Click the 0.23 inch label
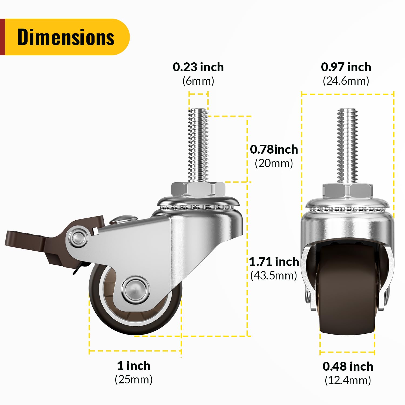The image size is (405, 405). [x=198, y=67]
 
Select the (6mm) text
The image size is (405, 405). [x=198, y=81]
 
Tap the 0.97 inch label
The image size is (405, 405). [x=346, y=67]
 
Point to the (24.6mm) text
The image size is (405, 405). [x=346, y=81]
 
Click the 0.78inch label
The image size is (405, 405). [x=274, y=149]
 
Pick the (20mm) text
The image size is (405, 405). [x=274, y=163]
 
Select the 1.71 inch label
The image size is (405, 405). [x=274, y=262]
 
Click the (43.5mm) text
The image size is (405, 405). [x=274, y=275]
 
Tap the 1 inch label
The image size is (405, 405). [x=134, y=366]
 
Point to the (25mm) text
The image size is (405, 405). [x=134, y=379]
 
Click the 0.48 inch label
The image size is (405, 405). [x=348, y=366]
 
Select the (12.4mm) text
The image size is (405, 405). [x=348, y=380]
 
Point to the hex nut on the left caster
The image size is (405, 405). [x=198, y=190]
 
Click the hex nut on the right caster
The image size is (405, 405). [x=348, y=191]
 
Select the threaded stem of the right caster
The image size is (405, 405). [x=347, y=146]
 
